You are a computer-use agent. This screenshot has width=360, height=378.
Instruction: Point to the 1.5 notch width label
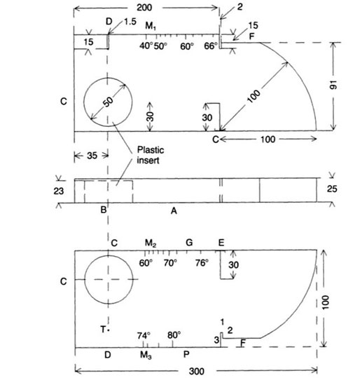[x=130, y=22]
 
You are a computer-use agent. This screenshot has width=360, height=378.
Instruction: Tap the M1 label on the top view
[x=151, y=26]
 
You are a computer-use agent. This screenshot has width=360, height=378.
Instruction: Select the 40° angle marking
[x=145, y=46]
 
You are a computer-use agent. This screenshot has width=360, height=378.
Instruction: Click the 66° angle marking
[x=211, y=46]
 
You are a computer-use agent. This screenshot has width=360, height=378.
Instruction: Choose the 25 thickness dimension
[x=341, y=189]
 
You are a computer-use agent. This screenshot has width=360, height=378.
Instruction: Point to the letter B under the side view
[x=103, y=210]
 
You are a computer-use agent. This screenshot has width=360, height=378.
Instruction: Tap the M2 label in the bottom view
[x=151, y=243]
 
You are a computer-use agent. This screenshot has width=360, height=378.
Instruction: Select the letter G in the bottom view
[x=189, y=243]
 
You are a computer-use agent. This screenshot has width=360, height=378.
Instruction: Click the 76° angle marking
[x=201, y=263]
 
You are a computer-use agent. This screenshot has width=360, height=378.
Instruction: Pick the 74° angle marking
[x=144, y=335]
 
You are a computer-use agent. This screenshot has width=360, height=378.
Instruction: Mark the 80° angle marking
[x=174, y=335]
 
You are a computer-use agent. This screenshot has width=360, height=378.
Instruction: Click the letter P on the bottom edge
[x=186, y=356]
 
